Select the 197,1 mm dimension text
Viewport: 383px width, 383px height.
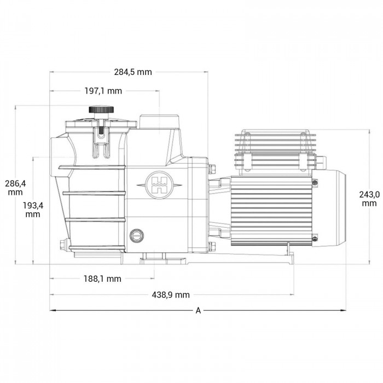pos(103,91)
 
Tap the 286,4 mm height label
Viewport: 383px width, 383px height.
pos(15,188)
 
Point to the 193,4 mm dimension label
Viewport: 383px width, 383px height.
pos(33,210)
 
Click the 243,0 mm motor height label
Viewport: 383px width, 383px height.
pos(369,199)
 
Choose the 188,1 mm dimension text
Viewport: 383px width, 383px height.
pos(102,279)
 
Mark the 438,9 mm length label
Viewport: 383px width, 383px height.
pos(171,295)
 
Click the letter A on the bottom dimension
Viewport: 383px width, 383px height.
pos(198,311)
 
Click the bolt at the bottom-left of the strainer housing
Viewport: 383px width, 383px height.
pos(61,243)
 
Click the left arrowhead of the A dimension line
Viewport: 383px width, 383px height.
pos(53,310)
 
